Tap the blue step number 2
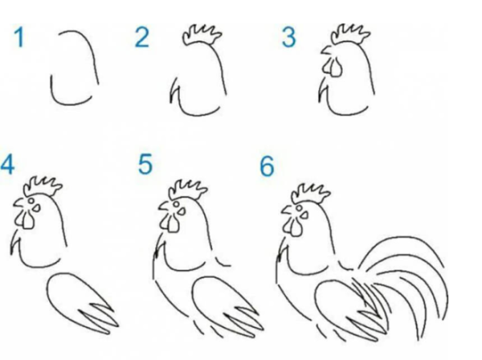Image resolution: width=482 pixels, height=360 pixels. (142, 38)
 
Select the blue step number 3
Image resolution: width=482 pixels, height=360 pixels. (289, 37)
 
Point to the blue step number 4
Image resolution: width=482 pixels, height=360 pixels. (8, 165)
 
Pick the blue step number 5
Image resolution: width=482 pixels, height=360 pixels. (145, 165)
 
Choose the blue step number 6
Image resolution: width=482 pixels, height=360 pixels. (267, 166)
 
